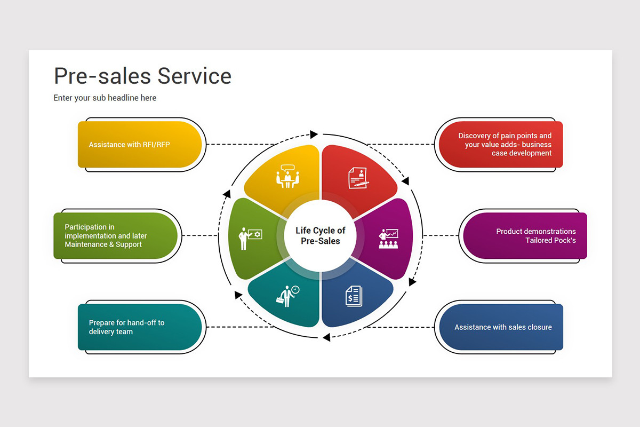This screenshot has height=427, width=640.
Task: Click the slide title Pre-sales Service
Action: tap(142, 76)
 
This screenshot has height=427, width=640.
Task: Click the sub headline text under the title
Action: tap(105, 98)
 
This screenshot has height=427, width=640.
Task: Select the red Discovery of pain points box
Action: tap(499, 145)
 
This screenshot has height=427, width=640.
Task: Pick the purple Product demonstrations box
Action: tap(525, 236)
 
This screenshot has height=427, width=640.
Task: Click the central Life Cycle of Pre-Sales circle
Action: tap(321, 235)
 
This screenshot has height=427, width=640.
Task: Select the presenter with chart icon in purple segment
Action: tap(388, 239)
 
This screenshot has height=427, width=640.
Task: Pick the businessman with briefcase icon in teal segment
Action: tap(287, 295)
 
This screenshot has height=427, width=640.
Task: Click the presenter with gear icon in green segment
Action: tap(249, 238)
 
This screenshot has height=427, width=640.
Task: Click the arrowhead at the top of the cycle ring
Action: tap(314, 135)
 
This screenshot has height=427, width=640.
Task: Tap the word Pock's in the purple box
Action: tap(564, 240)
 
